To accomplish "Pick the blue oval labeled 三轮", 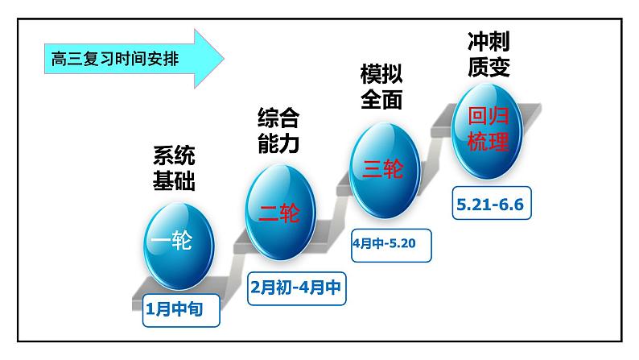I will (383, 168).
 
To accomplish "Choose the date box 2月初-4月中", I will (295, 288).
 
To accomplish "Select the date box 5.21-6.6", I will (489, 205).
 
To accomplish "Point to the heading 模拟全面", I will (381, 88).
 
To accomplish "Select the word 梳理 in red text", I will (489, 143).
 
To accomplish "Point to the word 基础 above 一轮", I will (174, 180).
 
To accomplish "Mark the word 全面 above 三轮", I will (381, 100).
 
